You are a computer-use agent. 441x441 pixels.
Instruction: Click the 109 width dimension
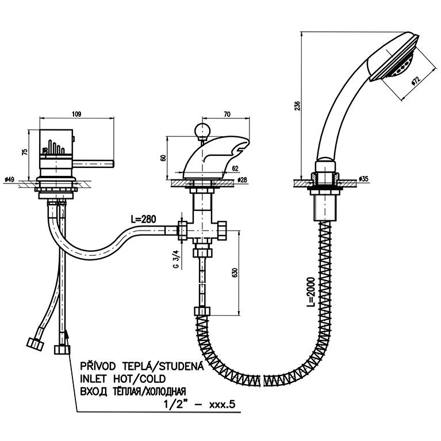76,114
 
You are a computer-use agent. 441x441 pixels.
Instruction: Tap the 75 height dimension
25,152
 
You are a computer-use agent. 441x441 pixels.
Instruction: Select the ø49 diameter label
10,179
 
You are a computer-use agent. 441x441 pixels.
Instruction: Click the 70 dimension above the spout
227,114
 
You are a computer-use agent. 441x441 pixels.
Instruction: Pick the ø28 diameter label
242,179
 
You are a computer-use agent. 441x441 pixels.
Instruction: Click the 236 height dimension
298,106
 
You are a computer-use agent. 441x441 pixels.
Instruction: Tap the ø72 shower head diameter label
415,80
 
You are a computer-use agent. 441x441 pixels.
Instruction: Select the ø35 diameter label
363,179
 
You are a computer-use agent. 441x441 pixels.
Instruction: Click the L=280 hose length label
143,219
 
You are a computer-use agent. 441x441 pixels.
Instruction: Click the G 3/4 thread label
177,259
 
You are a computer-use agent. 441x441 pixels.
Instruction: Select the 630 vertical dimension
235,273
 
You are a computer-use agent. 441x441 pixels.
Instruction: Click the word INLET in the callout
94,379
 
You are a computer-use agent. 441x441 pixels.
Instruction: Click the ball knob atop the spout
202,130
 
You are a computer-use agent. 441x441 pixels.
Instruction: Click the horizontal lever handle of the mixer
93,163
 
